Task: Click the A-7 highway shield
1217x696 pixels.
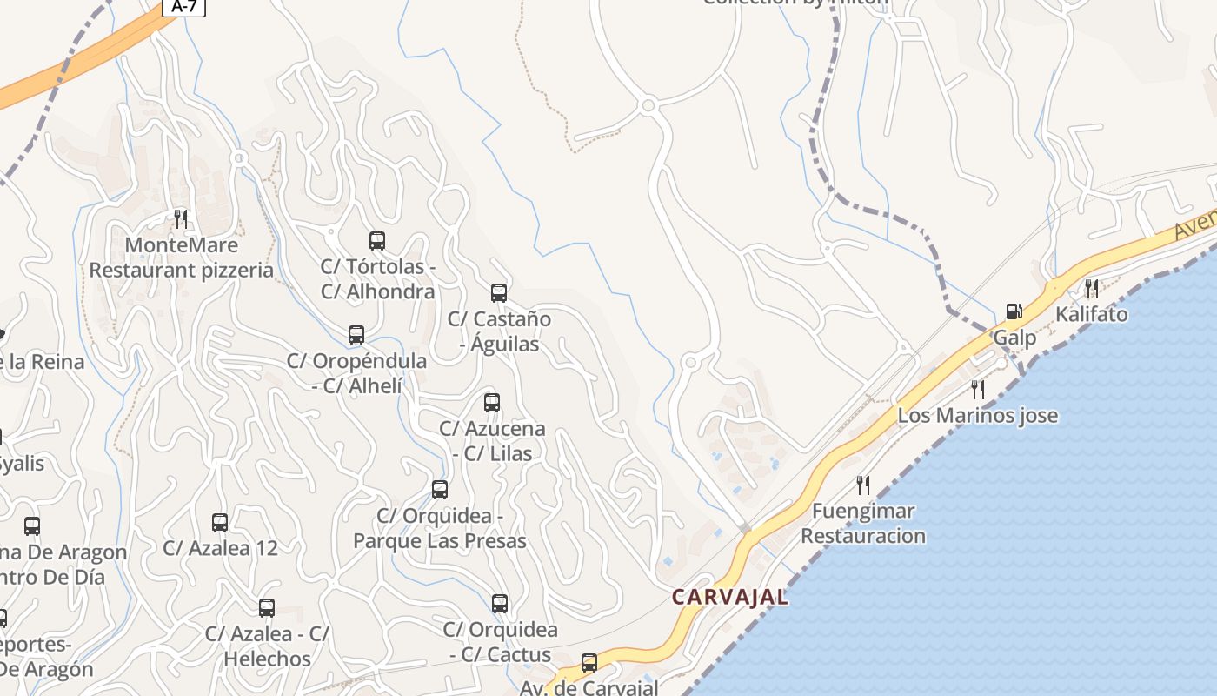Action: (183, 7)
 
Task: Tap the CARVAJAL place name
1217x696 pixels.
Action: (730, 597)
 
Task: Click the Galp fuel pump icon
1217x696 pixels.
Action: (1014, 311)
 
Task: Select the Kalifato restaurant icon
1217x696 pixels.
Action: (1091, 288)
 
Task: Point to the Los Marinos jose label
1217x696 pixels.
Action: (978, 415)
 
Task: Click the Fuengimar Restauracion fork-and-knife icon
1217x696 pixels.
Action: (863, 485)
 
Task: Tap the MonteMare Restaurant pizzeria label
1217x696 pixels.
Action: (182, 258)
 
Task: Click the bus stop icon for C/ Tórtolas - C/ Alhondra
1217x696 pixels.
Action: (377, 241)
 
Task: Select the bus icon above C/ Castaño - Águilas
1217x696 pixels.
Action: (499, 293)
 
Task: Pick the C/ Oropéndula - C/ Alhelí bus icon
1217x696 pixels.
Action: (356, 335)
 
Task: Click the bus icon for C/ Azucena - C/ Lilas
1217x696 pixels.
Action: (492, 403)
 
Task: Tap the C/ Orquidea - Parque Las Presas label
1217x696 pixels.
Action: (440, 528)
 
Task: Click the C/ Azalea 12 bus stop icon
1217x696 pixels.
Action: (220, 523)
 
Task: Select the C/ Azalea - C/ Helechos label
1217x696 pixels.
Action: (267, 646)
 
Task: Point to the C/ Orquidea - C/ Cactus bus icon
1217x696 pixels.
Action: (500, 604)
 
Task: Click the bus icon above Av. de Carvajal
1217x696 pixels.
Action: (589, 663)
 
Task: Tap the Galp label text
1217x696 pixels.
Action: (1015, 338)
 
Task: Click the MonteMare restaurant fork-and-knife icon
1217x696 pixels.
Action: (181, 218)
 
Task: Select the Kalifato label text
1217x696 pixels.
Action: (1092, 314)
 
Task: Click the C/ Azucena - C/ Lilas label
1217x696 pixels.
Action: (492, 440)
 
